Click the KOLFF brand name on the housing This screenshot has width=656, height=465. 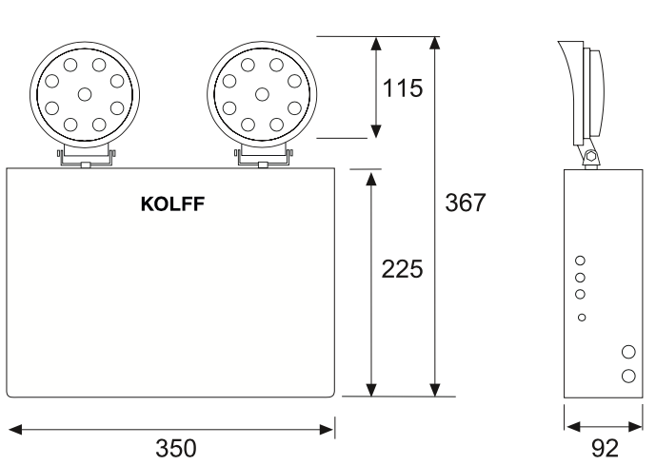[x=171, y=203]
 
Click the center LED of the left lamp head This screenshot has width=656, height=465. [x=85, y=93]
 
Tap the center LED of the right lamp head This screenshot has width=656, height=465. [x=261, y=93]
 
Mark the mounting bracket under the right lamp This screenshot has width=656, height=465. [x=262, y=157]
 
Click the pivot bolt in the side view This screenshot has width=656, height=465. [x=590, y=156]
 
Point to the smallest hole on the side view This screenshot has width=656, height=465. [x=582, y=317]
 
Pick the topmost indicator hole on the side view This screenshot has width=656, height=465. [x=581, y=259]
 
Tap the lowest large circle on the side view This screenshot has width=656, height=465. [x=627, y=375]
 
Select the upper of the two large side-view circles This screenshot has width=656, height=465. [x=627, y=352]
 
